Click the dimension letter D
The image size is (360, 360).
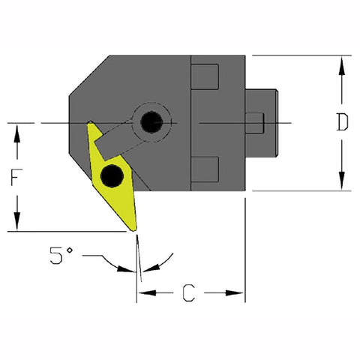[x=342, y=122]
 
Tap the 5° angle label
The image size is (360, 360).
[x=60, y=256]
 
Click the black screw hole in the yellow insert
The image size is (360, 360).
[x=112, y=175]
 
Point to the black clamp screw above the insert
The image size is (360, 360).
[x=152, y=121]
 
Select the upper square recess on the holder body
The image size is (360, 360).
[x=205, y=77]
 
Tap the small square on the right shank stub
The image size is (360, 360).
[x=256, y=122]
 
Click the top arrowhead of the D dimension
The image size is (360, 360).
[x=342, y=62]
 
